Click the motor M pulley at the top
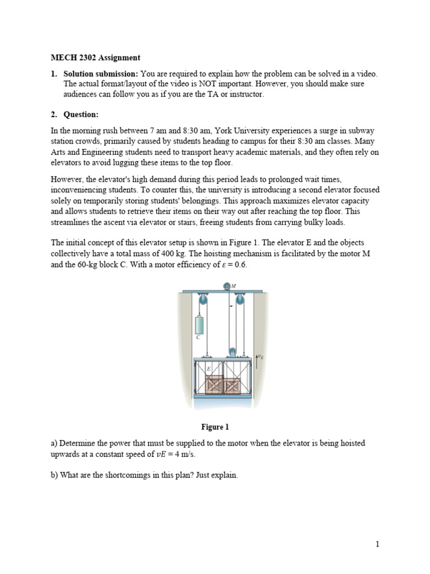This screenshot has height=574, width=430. tap(227, 286)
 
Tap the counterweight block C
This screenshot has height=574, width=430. tap(198, 325)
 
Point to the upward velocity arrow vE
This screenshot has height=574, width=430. tap(257, 362)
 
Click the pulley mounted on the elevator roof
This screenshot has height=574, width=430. tap(231, 353)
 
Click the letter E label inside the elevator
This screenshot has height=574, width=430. tap(208, 369)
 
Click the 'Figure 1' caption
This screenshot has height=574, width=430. tap(215, 427)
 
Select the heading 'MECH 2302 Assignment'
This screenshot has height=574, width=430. tap(96, 58)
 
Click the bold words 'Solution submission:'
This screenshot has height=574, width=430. tap(101, 74)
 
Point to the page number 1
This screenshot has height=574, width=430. tap(378, 544)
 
